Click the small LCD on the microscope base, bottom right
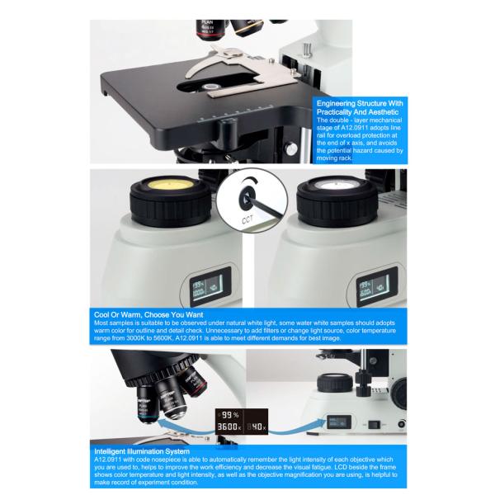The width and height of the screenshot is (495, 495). pos(342,418)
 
